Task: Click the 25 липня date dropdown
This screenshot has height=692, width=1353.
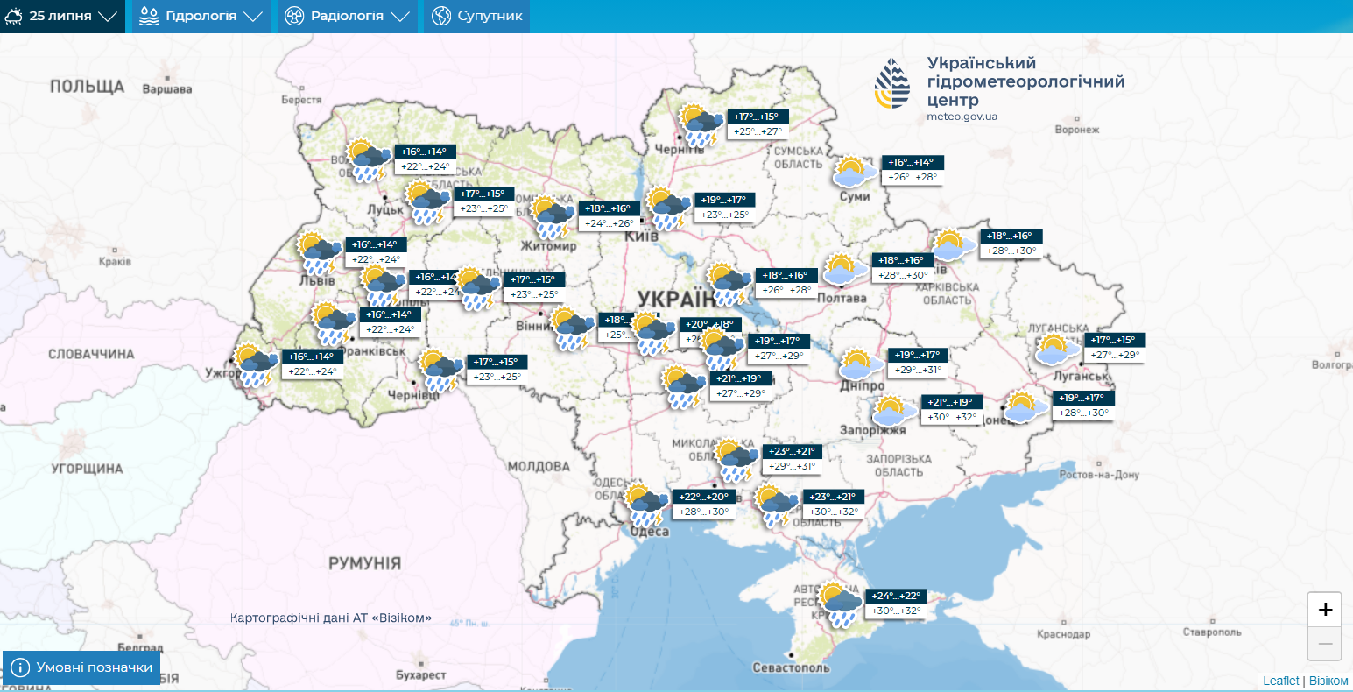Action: [61, 17]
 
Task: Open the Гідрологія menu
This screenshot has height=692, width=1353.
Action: [201, 17]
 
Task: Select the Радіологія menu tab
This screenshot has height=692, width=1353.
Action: [347, 17]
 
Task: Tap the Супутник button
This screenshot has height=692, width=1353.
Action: [477, 17]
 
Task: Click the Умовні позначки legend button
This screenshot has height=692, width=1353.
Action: [82, 667]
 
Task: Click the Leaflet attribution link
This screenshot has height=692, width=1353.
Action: [1280, 681]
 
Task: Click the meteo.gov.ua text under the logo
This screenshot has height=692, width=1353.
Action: [962, 117]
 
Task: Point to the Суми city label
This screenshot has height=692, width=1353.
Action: [855, 197]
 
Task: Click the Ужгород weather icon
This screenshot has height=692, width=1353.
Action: [255, 365]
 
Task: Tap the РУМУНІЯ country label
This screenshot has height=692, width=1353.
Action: [364, 563]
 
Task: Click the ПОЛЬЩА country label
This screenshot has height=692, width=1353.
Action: [88, 86]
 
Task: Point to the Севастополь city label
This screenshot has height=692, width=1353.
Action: [791, 668]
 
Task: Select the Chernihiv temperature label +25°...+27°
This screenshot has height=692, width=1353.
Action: [758, 131]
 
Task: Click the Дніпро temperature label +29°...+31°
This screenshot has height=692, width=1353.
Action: [917, 370]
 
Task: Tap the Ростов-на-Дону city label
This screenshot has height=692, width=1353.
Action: [1098, 475]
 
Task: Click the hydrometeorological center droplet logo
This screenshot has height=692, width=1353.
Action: [891, 85]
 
